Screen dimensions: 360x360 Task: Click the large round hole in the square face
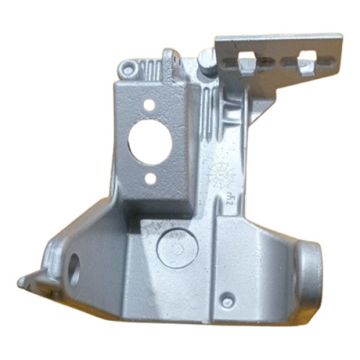click(x=150, y=142)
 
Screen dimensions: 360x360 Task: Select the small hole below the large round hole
click(x=151, y=179)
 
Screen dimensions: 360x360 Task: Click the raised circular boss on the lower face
click(x=177, y=247)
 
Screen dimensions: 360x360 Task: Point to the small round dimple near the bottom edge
click(x=227, y=301)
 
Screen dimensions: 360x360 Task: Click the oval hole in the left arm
click(x=74, y=269)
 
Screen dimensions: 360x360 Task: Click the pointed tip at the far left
click(x=22, y=282)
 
